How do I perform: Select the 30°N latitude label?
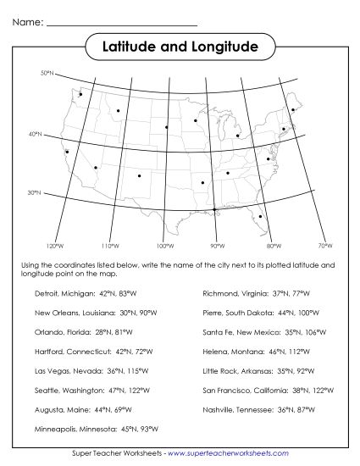click(35, 193)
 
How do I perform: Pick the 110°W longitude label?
click(108, 246)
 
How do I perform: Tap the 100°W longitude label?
click(163, 246)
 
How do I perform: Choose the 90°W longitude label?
click(217, 246)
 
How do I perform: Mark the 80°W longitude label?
click(273, 246)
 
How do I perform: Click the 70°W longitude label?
click(324, 246)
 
